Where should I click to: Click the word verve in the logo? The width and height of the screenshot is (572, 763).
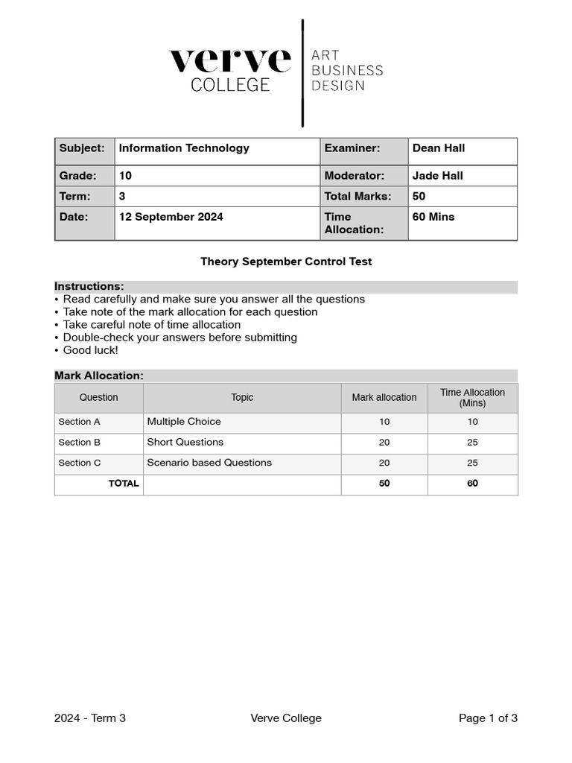coord(230,60)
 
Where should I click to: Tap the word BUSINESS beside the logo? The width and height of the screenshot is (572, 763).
coord(347,70)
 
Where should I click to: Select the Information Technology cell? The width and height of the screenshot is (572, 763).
coord(184,148)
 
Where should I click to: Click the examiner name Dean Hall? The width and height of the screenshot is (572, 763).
coord(438,148)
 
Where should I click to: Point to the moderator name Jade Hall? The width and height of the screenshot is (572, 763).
coord(437,176)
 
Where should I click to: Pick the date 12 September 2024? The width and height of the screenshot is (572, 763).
coord(171,217)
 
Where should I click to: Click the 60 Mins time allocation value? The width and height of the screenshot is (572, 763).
coord(433,217)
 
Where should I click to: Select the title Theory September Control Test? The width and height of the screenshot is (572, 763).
coord(286,262)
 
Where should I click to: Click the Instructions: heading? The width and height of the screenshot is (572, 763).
coord(89,287)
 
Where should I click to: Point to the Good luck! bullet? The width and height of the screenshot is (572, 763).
coord(90,350)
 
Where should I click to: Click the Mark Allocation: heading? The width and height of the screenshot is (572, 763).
coord(99,376)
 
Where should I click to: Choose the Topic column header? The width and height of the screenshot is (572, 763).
coord(242,398)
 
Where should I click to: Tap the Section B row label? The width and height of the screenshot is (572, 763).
coord(80,443)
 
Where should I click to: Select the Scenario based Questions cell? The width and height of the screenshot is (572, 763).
coord(209,463)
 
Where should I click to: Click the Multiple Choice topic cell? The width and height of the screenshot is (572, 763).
coord(184,422)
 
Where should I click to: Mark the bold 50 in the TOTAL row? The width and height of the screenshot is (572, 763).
coord(384,484)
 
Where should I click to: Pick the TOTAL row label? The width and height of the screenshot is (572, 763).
coord(124,484)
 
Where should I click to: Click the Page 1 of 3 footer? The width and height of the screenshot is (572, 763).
coord(488,718)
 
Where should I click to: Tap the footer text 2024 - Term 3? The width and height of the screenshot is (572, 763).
coord(90,718)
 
